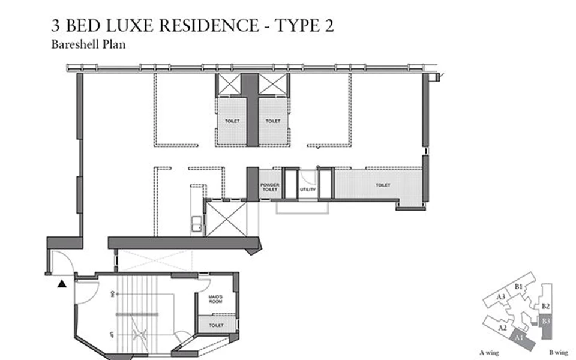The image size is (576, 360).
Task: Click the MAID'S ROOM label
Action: pyautogui.click(x=215, y=299)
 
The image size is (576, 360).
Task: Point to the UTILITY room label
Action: pyautogui.click(x=307, y=190)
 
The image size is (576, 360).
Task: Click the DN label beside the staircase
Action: pyautogui.click(x=112, y=295)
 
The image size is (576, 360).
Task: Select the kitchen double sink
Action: pyautogui.click(x=196, y=226)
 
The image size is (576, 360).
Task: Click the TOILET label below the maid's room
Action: pyautogui.click(x=216, y=325)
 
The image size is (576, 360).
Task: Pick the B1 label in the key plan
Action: pyautogui.click(x=519, y=286)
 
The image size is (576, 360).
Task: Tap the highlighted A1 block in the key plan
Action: pyautogui.click(x=517, y=340)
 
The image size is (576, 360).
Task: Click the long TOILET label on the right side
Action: pyautogui.click(x=383, y=185)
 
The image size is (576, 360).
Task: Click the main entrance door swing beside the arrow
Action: pyautogui.click(x=62, y=262)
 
